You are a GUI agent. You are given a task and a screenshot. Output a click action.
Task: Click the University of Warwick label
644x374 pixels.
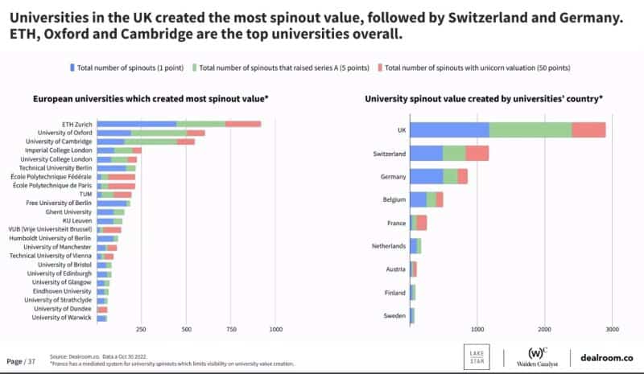tap(63, 318)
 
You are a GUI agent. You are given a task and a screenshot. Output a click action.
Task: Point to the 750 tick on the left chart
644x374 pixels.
tap(231, 329)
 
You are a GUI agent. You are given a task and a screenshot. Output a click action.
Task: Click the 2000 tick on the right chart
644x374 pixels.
tap(545, 329)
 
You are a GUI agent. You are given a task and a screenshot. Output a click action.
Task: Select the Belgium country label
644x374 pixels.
tap(394, 199)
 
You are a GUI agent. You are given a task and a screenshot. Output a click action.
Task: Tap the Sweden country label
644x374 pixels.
tap(394, 316)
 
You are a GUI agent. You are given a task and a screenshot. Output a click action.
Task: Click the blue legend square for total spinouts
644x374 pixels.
tap(72, 68)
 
